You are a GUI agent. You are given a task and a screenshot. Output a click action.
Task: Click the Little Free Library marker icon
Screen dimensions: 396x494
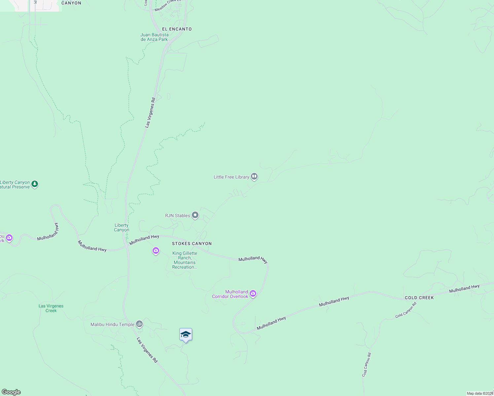(x=254, y=177)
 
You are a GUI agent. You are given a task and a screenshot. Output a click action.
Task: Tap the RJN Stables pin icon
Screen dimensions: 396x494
(x=195, y=215)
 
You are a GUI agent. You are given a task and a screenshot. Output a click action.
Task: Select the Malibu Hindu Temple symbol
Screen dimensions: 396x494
(x=140, y=324)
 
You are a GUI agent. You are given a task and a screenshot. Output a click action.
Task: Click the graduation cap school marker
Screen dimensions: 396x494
(x=186, y=335)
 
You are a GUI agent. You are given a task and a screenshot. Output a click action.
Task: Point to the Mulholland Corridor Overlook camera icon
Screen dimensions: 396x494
(x=253, y=293)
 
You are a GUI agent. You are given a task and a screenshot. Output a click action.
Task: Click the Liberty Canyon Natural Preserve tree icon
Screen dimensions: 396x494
(x=35, y=184)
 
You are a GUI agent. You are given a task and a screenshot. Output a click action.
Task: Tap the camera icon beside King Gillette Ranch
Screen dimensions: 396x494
(x=156, y=251)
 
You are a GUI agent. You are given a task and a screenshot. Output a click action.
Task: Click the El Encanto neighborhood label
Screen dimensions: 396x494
(x=177, y=29)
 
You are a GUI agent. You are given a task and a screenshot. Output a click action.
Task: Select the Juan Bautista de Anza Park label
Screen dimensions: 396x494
(x=154, y=37)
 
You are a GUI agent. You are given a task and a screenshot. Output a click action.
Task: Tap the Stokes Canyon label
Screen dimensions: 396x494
(x=192, y=244)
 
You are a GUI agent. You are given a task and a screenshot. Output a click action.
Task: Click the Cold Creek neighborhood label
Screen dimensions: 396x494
(x=419, y=298)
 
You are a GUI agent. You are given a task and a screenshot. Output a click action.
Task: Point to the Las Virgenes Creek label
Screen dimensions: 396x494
(x=51, y=308)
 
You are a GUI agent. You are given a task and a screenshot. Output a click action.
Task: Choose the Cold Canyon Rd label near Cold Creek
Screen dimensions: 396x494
(x=406, y=310)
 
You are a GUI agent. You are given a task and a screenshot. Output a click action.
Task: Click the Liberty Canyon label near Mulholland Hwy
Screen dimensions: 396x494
(x=122, y=227)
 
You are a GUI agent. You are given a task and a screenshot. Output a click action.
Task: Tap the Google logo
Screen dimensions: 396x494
(x=11, y=392)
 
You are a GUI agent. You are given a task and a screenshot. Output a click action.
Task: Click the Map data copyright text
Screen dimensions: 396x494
(x=480, y=393)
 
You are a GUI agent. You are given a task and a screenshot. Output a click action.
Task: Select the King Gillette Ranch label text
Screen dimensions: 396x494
(x=185, y=260)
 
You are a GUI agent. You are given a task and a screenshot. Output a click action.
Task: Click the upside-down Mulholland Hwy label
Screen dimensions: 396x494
(x=48, y=232)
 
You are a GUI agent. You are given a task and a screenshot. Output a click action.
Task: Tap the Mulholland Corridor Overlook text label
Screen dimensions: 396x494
(x=230, y=294)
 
